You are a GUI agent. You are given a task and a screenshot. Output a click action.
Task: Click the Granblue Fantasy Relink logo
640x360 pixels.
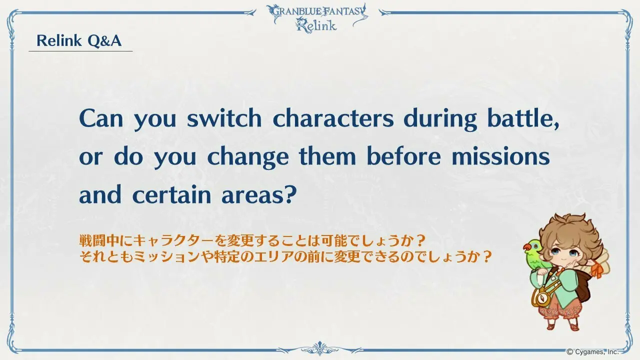click(x=317, y=17)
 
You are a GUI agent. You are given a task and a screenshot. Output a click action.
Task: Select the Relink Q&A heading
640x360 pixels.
click(x=79, y=40)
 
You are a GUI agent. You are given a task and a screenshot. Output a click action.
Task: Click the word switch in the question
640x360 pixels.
click(x=224, y=118)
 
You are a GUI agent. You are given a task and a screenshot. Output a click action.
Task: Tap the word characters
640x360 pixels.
click(x=333, y=118)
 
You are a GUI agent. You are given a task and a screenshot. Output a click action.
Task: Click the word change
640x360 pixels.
click(x=247, y=157)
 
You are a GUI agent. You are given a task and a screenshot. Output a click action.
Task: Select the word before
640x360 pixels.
click(x=403, y=156)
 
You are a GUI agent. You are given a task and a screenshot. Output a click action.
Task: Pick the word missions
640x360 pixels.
click(x=500, y=156)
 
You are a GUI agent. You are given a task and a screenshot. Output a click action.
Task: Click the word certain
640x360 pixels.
click(x=171, y=194)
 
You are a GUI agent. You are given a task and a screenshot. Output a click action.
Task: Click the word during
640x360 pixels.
click(x=440, y=119)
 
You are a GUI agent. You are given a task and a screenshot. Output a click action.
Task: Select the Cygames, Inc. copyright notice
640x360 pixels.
click(x=592, y=351)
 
